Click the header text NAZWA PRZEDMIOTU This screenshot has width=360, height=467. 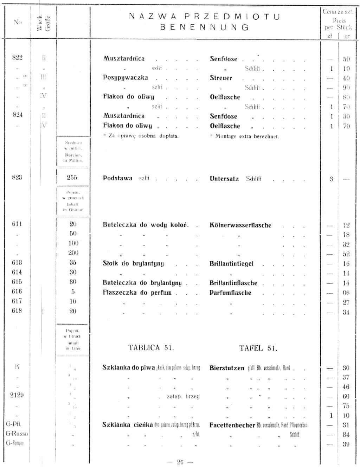205,17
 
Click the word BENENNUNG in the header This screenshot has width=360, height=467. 205,27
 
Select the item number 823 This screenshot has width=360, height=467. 17,178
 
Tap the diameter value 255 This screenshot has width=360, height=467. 72,178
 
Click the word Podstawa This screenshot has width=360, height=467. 117,178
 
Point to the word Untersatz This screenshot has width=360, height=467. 224,179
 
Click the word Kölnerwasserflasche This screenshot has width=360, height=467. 240,225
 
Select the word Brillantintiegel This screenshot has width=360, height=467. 231,264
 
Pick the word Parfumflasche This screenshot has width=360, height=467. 230,293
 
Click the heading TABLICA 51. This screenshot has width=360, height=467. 151,348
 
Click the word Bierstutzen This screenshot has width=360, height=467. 227,368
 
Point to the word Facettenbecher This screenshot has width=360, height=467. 232,425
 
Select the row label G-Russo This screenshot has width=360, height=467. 17,434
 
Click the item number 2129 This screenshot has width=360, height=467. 17,395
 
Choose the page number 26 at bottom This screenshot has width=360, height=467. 180,462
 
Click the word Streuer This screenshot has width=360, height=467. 221,78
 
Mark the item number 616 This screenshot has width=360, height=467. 17,292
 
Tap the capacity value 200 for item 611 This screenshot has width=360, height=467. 73,253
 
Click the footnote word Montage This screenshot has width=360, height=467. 226,136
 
